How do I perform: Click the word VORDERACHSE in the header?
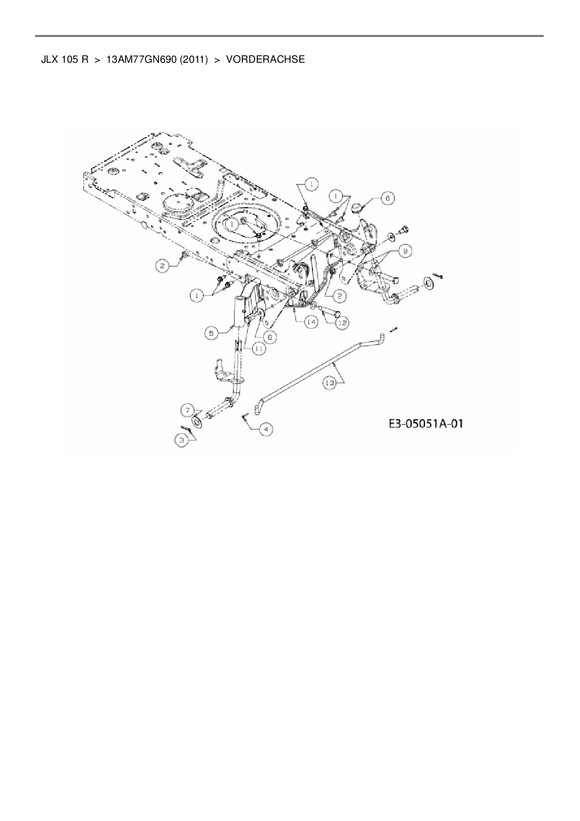point(265,59)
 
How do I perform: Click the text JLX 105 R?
point(65,59)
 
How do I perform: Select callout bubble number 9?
point(406,251)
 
